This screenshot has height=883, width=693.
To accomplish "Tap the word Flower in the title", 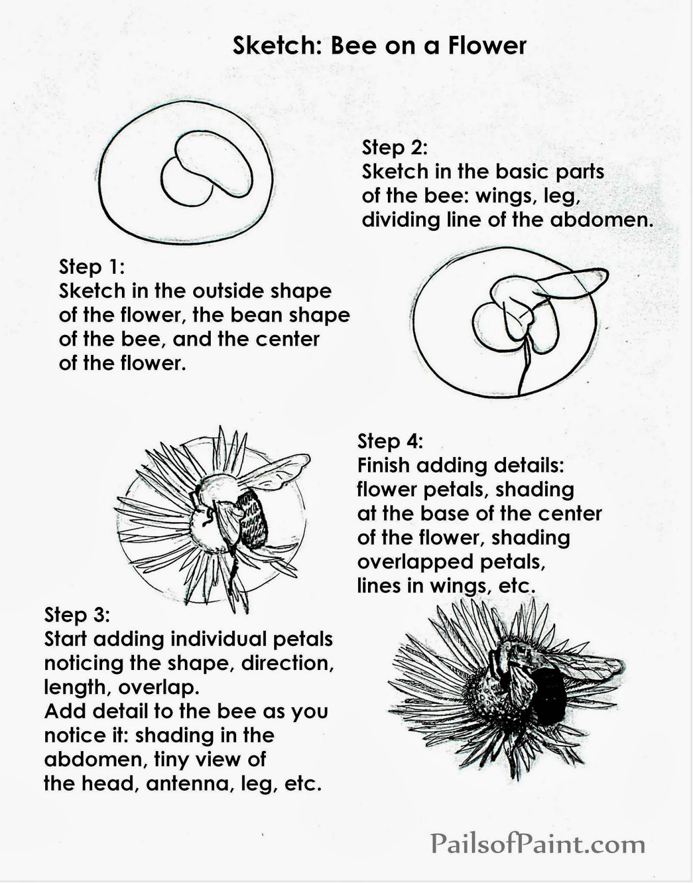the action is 487,45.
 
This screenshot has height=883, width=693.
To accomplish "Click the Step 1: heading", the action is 92,267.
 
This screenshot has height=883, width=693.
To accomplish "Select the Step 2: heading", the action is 395,147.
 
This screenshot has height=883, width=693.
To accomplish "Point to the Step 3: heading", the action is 77,615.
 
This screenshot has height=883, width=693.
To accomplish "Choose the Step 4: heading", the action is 390,441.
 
